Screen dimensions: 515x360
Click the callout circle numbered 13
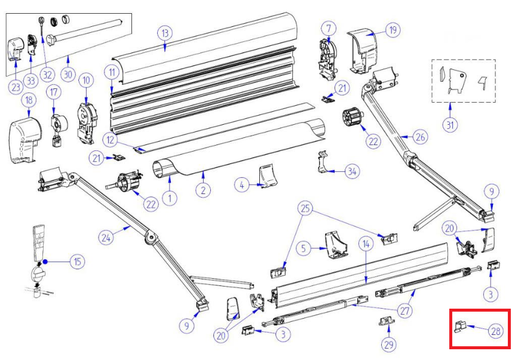(165, 33)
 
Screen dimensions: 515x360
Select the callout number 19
(393, 30)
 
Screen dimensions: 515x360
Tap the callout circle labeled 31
(450, 125)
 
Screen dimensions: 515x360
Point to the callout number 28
(496, 331)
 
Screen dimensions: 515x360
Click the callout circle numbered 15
(78, 261)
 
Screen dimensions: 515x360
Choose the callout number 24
(106, 237)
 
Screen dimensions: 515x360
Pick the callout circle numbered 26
(421, 137)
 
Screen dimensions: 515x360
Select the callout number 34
(352, 171)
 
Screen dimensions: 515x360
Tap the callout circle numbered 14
(366, 244)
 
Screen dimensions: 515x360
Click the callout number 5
(304, 248)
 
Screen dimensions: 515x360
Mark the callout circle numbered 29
(389, 344)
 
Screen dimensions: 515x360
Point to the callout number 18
(29, 100)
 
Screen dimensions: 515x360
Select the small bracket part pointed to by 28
(460, 326)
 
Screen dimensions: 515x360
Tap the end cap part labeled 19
(362, 53)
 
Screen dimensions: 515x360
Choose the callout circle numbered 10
(86, 80)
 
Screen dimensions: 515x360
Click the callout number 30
(68, 74)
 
